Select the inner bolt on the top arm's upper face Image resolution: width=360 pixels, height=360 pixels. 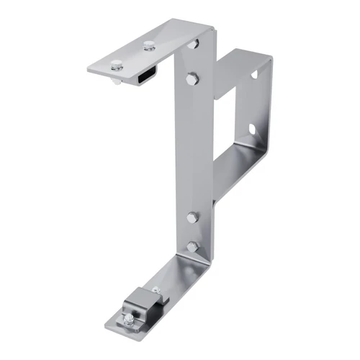point(148,47)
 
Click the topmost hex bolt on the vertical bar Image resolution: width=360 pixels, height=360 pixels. point(193,45)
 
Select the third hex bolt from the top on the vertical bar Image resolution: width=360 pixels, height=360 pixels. point(192,217)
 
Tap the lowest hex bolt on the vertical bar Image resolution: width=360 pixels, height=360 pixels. point(192,247)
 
